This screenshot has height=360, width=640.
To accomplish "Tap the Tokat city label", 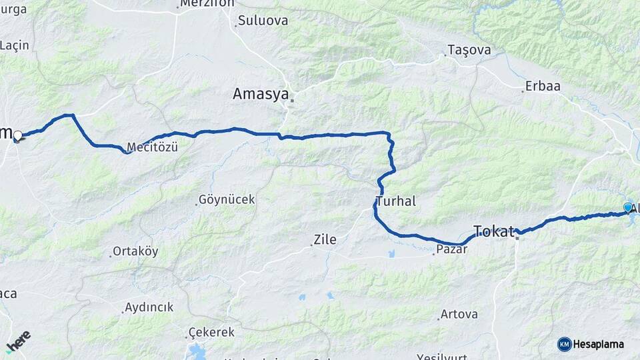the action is click(x=494, y=231).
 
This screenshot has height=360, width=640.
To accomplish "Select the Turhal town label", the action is click(x=396, y=201).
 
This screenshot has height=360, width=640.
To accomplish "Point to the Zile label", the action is click(x=325, y=239).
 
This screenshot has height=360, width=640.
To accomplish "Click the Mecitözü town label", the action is click(x=152, y=147).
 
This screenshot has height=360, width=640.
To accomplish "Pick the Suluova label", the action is click(x=263, y=21).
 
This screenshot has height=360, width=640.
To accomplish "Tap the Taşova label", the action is click(x=469, y=50).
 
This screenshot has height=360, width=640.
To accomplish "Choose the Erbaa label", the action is click(x=543, y=86).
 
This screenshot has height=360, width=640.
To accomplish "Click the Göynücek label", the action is click(x=227, y=199).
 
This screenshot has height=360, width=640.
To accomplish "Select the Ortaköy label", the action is click(x=135, y=251).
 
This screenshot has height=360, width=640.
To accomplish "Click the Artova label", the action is click(x=459, y=314).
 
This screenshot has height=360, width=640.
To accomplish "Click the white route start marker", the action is click(x=18, y=136).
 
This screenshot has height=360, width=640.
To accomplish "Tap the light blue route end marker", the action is click(x=627, y=208).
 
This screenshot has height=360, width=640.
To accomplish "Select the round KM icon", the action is click(x=564, y=344).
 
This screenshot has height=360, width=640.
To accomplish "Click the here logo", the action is click(x=18, y=341).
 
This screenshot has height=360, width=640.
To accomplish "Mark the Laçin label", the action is click(x=15, y=45).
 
